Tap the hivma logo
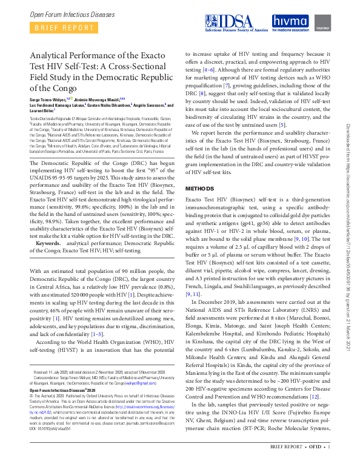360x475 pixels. point(290,22)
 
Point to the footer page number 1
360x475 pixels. point(329,464)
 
